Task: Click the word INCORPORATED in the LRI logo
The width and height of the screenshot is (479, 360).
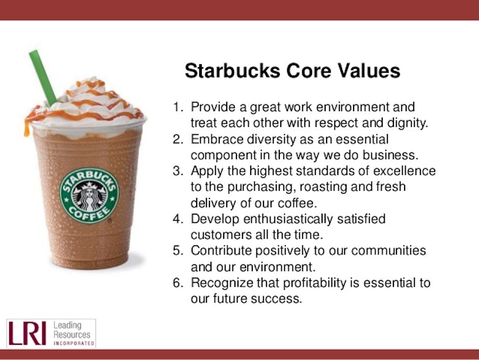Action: point(74,344)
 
